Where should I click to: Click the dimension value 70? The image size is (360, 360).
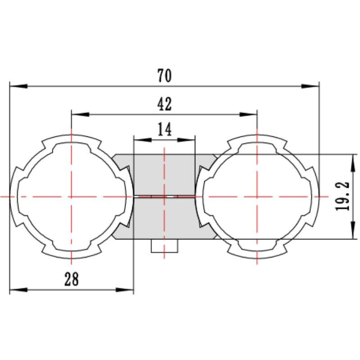click(x=165, y=76)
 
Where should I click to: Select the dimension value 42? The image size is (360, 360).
click(x=165, y=104)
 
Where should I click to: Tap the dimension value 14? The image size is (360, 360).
click(x=165, y=130)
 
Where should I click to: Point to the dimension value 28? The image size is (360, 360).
click(x=72, y=279)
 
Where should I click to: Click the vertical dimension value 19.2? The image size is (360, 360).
click(x=343, y=197)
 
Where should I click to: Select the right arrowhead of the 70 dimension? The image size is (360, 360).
click(x=310, y=85)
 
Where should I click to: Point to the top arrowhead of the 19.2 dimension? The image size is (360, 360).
click(x=351, y=162)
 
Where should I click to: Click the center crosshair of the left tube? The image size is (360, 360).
click(x=72, y=197)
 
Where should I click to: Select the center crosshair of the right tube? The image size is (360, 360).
click(x=256, y=197)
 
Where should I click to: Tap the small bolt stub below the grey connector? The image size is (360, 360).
click(x=164, y=246)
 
